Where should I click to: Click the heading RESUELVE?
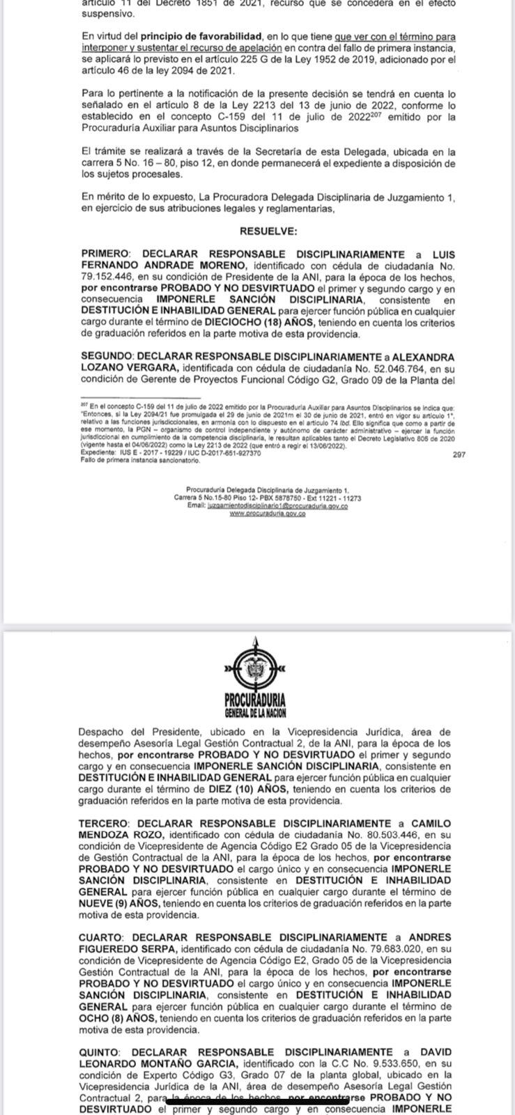[x=268, y=230]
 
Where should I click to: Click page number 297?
[x=459, y=454]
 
